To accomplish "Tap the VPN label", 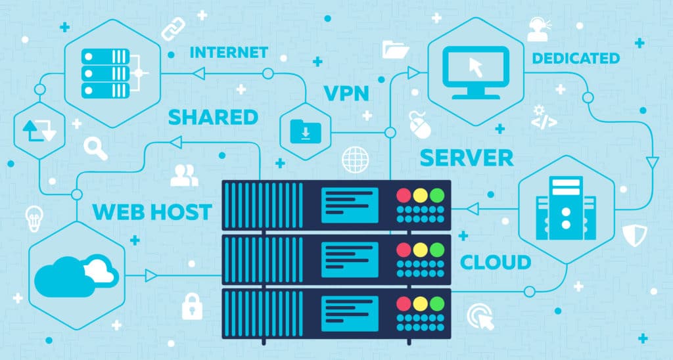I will pos(346,93).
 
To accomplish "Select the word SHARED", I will pos(213,118).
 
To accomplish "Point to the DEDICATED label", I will pos(576,58).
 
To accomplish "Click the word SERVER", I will pos(466,158).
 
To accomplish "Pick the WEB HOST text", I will pos(152,212).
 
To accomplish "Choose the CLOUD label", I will pos(495,262).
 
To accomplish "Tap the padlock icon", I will pos(192,305).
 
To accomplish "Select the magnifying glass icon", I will pos(96,148).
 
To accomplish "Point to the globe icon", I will pos(356,160).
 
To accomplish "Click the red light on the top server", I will pos(403,195).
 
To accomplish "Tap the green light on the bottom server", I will pos(436,304).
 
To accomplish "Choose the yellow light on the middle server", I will pos(420,250).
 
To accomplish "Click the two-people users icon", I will pos(184,173).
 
